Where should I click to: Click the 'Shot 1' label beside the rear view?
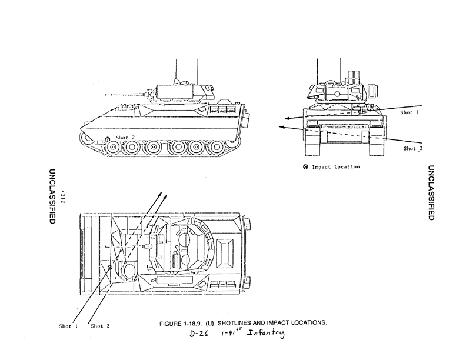click(410, 112)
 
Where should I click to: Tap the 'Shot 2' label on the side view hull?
click(125, 138)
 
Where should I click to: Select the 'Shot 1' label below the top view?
click(69, 326)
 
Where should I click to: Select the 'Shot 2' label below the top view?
click(101, 326)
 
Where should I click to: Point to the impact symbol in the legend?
click(305, 166)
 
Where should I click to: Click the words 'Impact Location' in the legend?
click(336, 166)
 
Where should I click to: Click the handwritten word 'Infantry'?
click(265, 335)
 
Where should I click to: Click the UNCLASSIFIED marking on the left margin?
click(52, 194)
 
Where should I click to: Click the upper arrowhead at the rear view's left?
click(281, 117)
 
